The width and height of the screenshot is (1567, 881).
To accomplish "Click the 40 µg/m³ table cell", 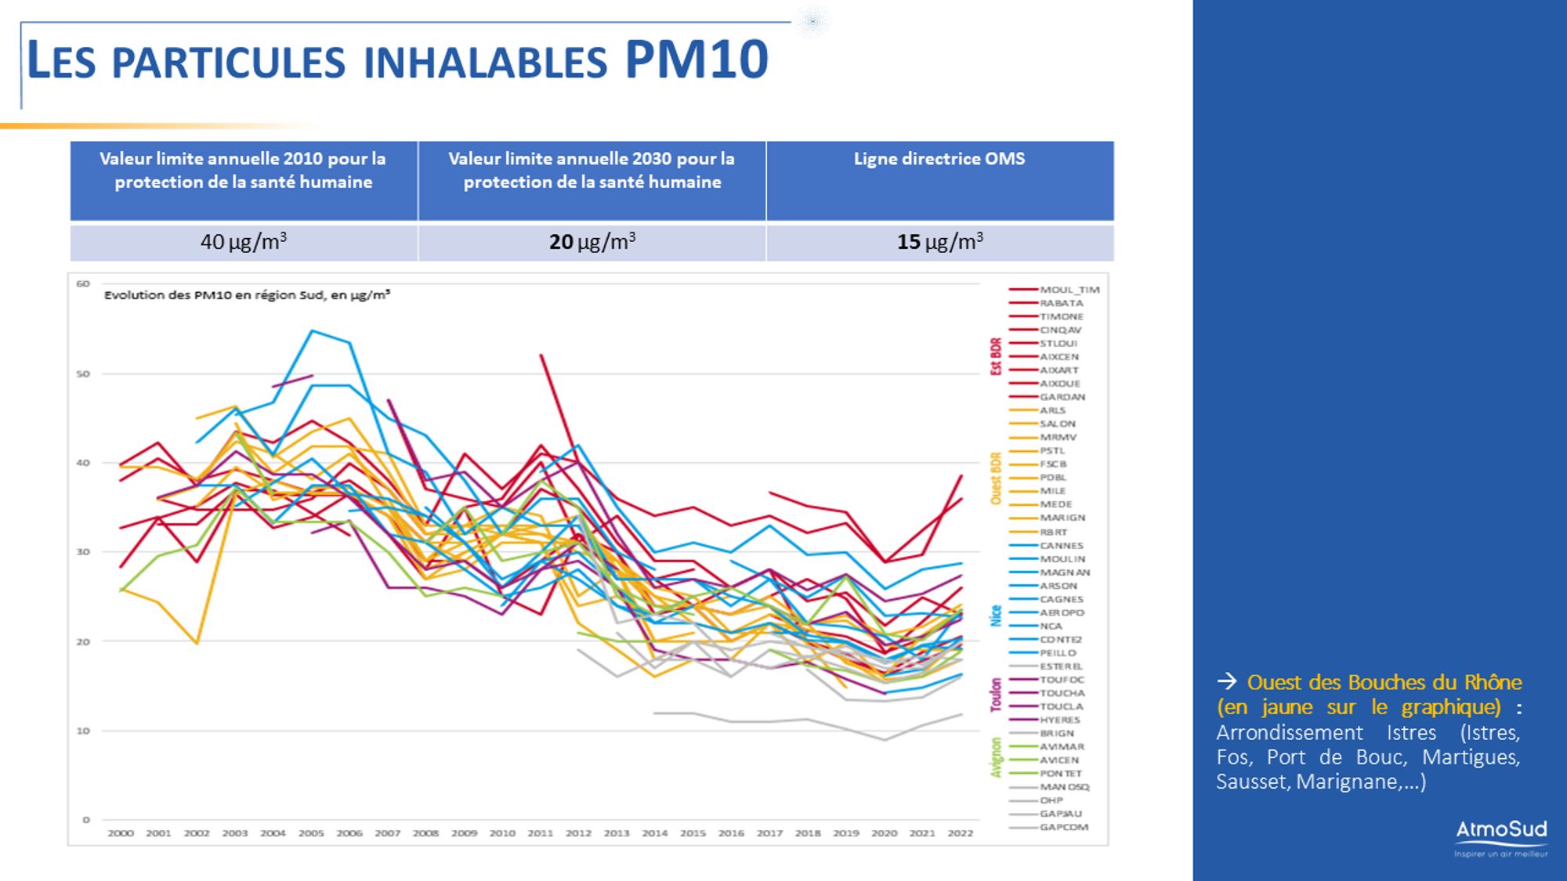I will (x=244, y=242).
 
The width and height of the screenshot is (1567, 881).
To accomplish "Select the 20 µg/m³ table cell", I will (x=592, y=242).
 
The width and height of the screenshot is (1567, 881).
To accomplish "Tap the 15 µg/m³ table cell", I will (x=939, y=242).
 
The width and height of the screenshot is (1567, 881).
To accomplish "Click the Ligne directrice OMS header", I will (x=939, y=159).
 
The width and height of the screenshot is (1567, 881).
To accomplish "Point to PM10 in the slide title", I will (x=697, y=60).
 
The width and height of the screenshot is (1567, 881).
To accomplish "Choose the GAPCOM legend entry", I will (x=1063, y=827).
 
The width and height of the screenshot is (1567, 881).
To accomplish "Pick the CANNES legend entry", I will (x=1061, y=545).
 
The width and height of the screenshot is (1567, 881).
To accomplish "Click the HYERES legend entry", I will (x=1059, y=720).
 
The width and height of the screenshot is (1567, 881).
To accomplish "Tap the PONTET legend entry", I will (x=1060, y=773).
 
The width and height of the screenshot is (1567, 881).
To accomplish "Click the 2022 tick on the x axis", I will (x=960, y=833).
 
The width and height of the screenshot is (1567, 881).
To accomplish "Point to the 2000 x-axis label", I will (x=120, y=833).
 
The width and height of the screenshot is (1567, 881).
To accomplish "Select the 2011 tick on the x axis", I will (x=540, y=833).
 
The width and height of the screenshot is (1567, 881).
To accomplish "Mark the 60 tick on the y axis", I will (x=83, y=283).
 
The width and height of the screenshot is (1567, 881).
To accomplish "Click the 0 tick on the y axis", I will (x=86, y=820).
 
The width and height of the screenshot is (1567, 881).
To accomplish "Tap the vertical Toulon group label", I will (x=996, y=695).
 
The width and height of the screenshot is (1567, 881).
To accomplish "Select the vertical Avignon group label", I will (x=996, y=757).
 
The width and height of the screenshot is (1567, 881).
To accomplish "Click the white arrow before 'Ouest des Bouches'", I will (x=1227, y=682).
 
